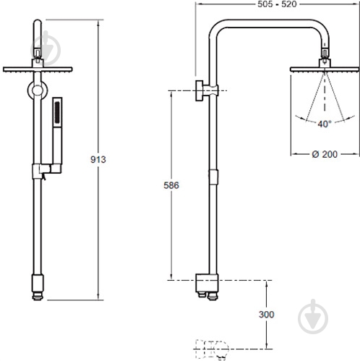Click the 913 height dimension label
[x=98, y=159]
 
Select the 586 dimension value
[x=171, y=185]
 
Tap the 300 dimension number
[x=267, y=315]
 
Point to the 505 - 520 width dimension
[x=277, y=4]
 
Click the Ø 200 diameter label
[x=325, y=154]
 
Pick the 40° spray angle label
[x=325, y=124]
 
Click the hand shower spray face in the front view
[x=57, y=112]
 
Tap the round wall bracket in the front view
[x=38, y=90]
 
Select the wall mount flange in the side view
[x=199, y=90]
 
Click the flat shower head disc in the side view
[x=325, y=69]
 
